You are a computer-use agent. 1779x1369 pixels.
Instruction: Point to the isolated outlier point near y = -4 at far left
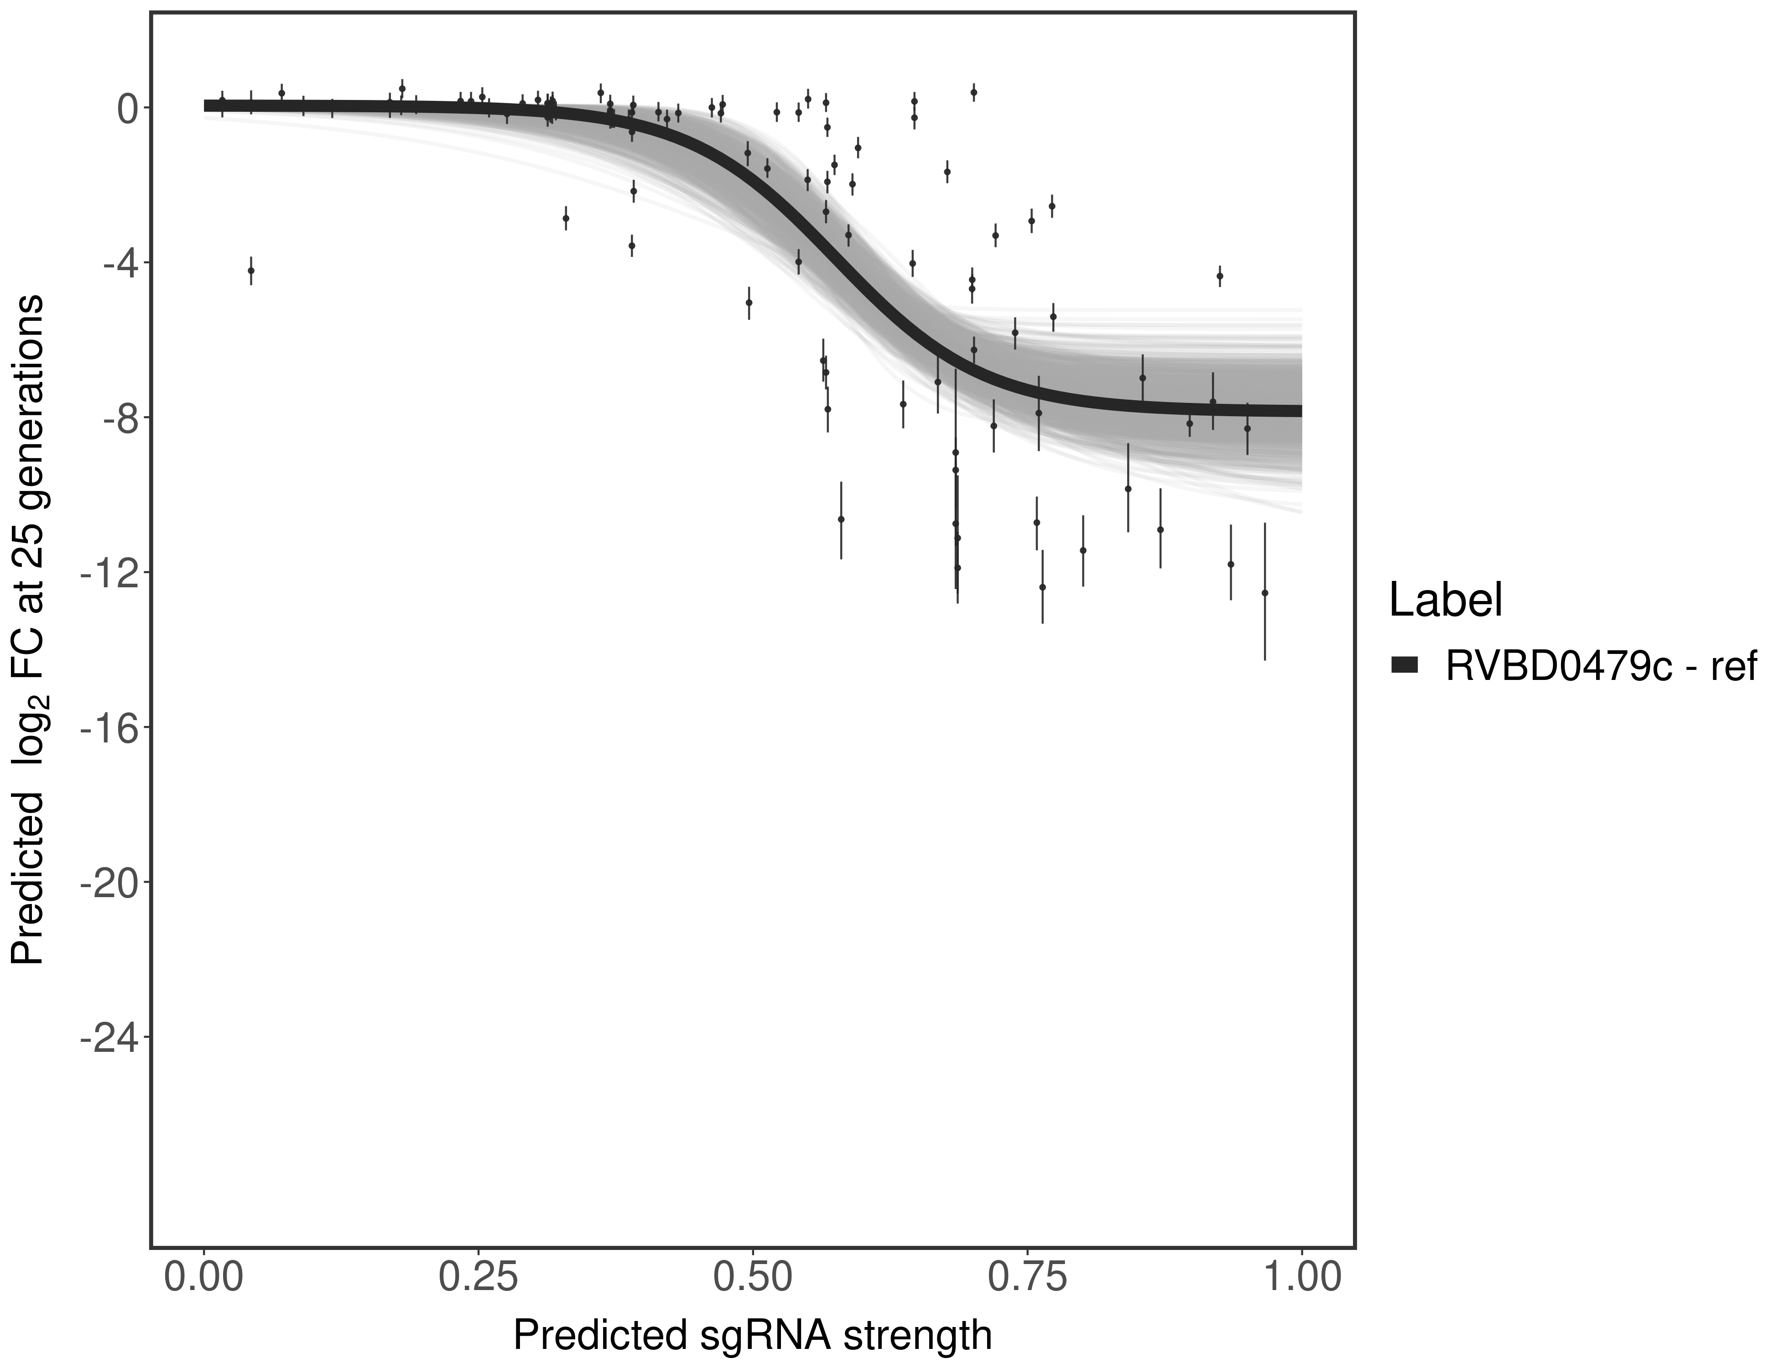(251, 271)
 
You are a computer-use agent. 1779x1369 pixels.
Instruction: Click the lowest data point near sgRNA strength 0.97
(1264, 593)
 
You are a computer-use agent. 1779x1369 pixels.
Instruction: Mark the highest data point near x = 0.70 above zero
(973, 93)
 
